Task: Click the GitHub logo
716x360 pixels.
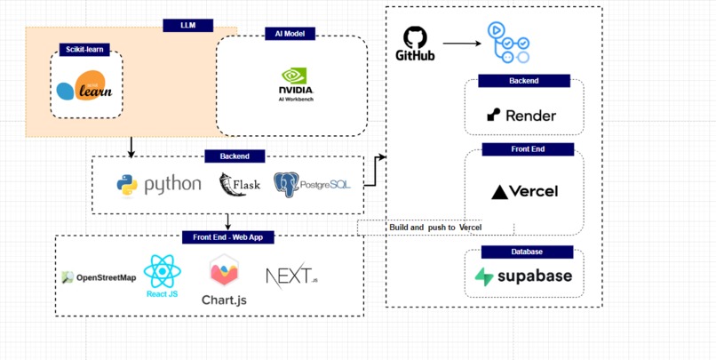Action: pyautogui.click(x=415, y=44)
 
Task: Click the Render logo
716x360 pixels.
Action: pyautogui.click(x=521, y=115)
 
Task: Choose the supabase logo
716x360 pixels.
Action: pyautogui.click(x=524, y=276)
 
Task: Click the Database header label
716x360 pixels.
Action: pyautogui.click(x=525, y=252)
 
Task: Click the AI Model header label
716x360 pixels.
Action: pyautogui.click(x=290, y=33)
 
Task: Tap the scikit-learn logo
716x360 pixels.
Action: pyautogui.click(x=86, y=86)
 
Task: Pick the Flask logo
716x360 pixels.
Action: pyautogui.click(x=239, y=185)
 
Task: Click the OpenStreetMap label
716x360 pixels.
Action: pyautogui.click(x=99, y=277)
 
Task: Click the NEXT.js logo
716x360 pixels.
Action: pyautogui.click(x=291, y=276)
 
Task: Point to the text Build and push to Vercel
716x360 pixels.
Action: pyautogui.click(x=429, y=228)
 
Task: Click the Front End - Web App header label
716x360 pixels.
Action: pyautogui.click(x=228, y=237)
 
